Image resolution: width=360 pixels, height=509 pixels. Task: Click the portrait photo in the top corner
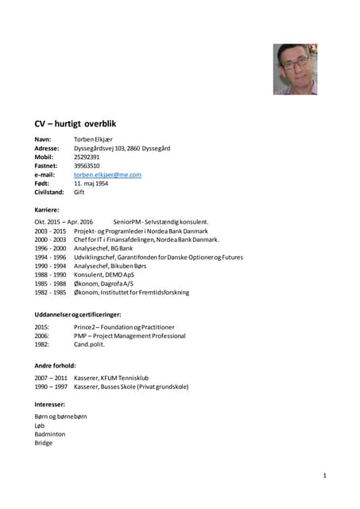[295, 68]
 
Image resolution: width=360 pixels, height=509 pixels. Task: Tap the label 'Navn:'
[44, 139]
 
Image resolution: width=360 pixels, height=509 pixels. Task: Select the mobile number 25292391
[87, 157]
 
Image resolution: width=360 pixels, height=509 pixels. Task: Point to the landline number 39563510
[87, 165]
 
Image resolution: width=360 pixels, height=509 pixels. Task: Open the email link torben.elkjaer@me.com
[107, 174]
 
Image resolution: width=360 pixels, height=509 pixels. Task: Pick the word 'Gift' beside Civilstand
[79, 192]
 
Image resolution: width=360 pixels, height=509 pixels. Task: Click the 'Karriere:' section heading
[48, 209]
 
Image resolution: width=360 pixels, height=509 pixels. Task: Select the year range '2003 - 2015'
[50, 231]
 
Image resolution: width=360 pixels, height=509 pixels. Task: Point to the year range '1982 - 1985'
[50, 292]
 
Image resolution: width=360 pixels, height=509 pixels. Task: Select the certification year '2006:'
[42, 336]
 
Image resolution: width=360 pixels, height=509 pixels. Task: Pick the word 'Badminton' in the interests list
[50, 434]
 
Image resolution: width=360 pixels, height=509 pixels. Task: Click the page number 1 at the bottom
[325, 475]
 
